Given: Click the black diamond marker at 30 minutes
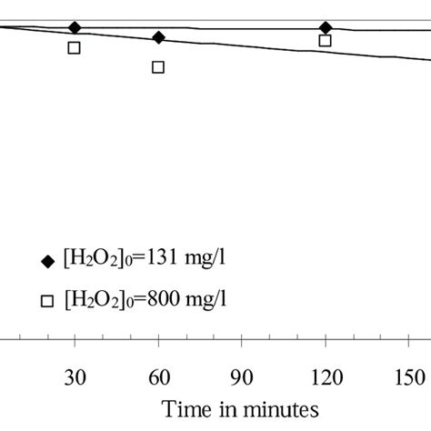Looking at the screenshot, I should point(75,28).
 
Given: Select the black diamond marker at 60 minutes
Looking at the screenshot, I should point(158,37).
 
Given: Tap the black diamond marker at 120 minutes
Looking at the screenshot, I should point(326,28).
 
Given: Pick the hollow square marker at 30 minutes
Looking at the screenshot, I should point(75,47).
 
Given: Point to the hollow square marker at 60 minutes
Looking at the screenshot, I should point(158,66).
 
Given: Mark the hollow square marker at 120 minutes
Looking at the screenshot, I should point(326,41).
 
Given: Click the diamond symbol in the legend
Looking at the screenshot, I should point(48,262).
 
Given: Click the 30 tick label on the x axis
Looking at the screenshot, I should point(75,376).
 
